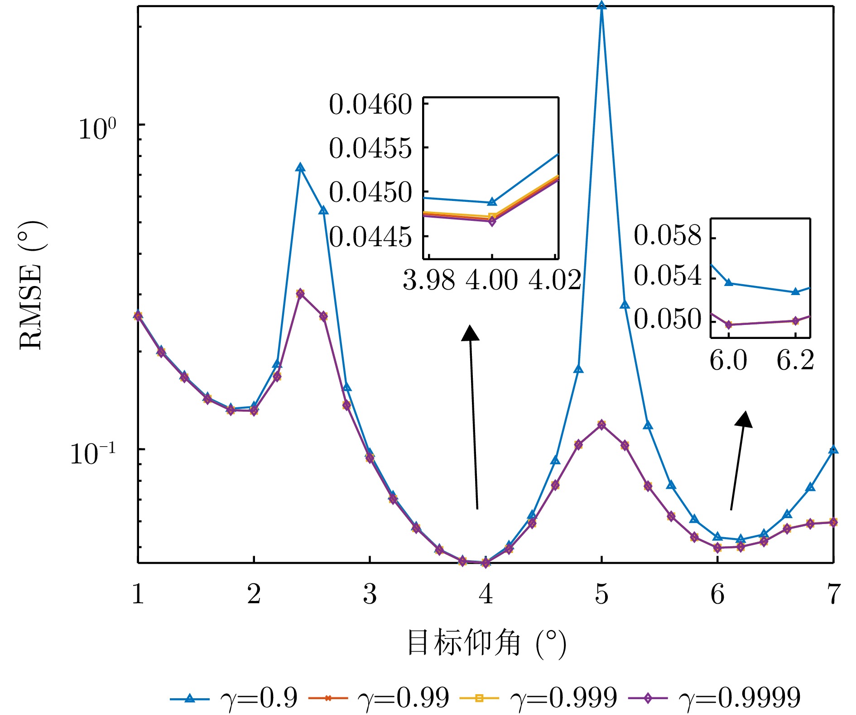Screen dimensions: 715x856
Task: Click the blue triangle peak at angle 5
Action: tap(601, 5)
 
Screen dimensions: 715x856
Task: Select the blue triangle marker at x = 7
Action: tap(833, 450)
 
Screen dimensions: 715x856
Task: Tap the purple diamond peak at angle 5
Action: tap(601, 424)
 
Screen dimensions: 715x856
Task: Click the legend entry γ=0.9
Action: tap(234, 698)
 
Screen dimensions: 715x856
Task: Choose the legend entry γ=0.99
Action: tap(379, 698)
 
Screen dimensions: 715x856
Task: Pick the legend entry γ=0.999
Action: tap(539, 698)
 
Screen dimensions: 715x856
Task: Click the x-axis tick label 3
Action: tap(370, 594)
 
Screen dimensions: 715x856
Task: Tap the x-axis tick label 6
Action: tap(717, 594)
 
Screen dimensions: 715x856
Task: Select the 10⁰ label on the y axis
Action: tap(97, 129)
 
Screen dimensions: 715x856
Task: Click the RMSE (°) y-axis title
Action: tap(32, 285)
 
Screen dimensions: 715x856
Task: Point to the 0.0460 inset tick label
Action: tap(370, 105)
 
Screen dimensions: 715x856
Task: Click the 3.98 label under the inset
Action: tap(428, 280)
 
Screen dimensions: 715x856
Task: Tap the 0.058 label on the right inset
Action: tap(668, 235)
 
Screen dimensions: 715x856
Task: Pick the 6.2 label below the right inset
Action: tap(795, 361)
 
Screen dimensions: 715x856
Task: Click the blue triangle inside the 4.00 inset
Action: tap(492, 202)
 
